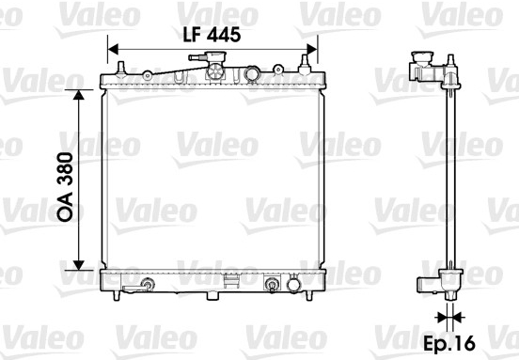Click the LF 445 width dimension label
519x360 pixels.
click(212, 35)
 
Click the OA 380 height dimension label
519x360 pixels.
click(65, 187)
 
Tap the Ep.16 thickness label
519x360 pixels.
click(449, 343)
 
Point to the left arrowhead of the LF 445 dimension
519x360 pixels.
click(113, 49)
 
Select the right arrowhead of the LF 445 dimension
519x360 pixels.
click(312, 49)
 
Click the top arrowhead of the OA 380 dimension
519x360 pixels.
click(78, 95)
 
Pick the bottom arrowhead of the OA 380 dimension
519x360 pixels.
click(78, 265)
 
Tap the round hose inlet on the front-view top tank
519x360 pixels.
click(252, 73)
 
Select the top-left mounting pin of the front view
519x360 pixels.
click(120, 68)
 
